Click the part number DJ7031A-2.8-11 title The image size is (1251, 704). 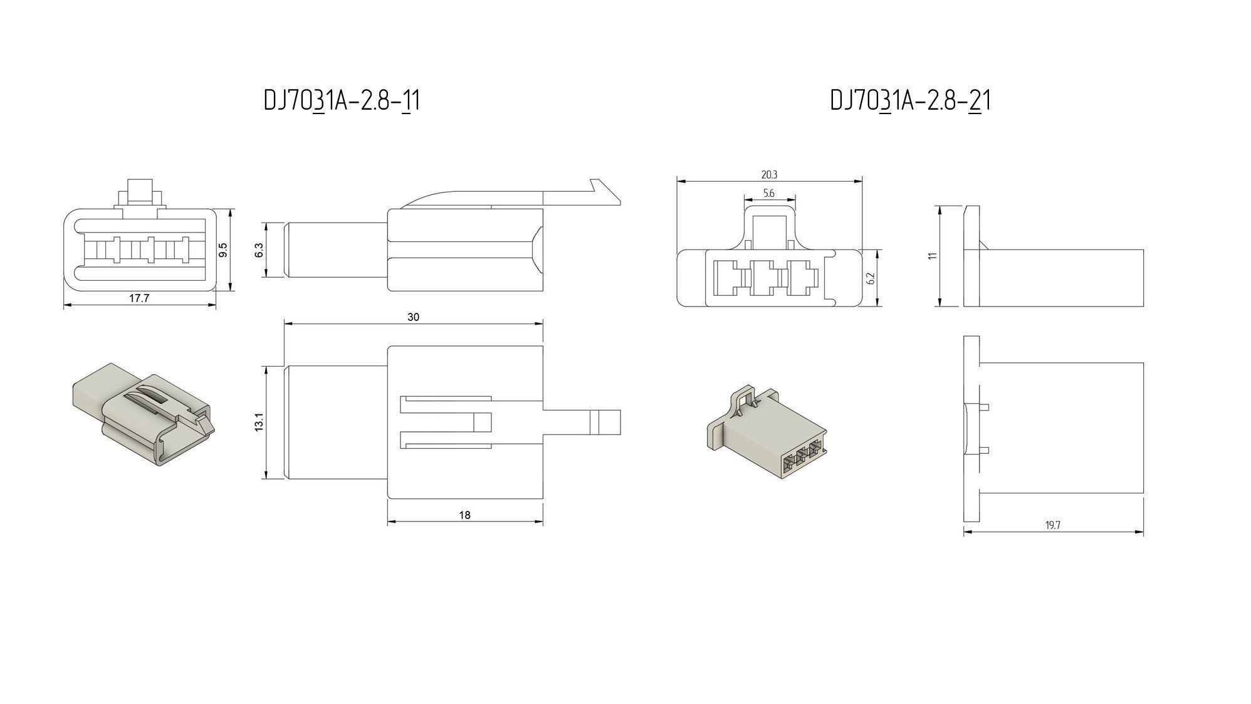coord(342,100)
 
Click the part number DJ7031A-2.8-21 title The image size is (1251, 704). coord(910,100)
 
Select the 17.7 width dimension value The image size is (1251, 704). coord(139,298)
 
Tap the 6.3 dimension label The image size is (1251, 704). coord(259,250)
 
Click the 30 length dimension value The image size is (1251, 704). coord(413,317)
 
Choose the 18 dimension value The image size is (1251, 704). coord(464,515)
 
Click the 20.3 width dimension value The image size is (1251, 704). coord(769,175)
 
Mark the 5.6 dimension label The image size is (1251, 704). coord(769,194)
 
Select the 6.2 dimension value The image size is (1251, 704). coord(871,278)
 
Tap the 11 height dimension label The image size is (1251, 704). coord(933,256)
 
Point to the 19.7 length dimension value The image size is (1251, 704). coord(1052,525)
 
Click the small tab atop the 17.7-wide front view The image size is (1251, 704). coord(140,190)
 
